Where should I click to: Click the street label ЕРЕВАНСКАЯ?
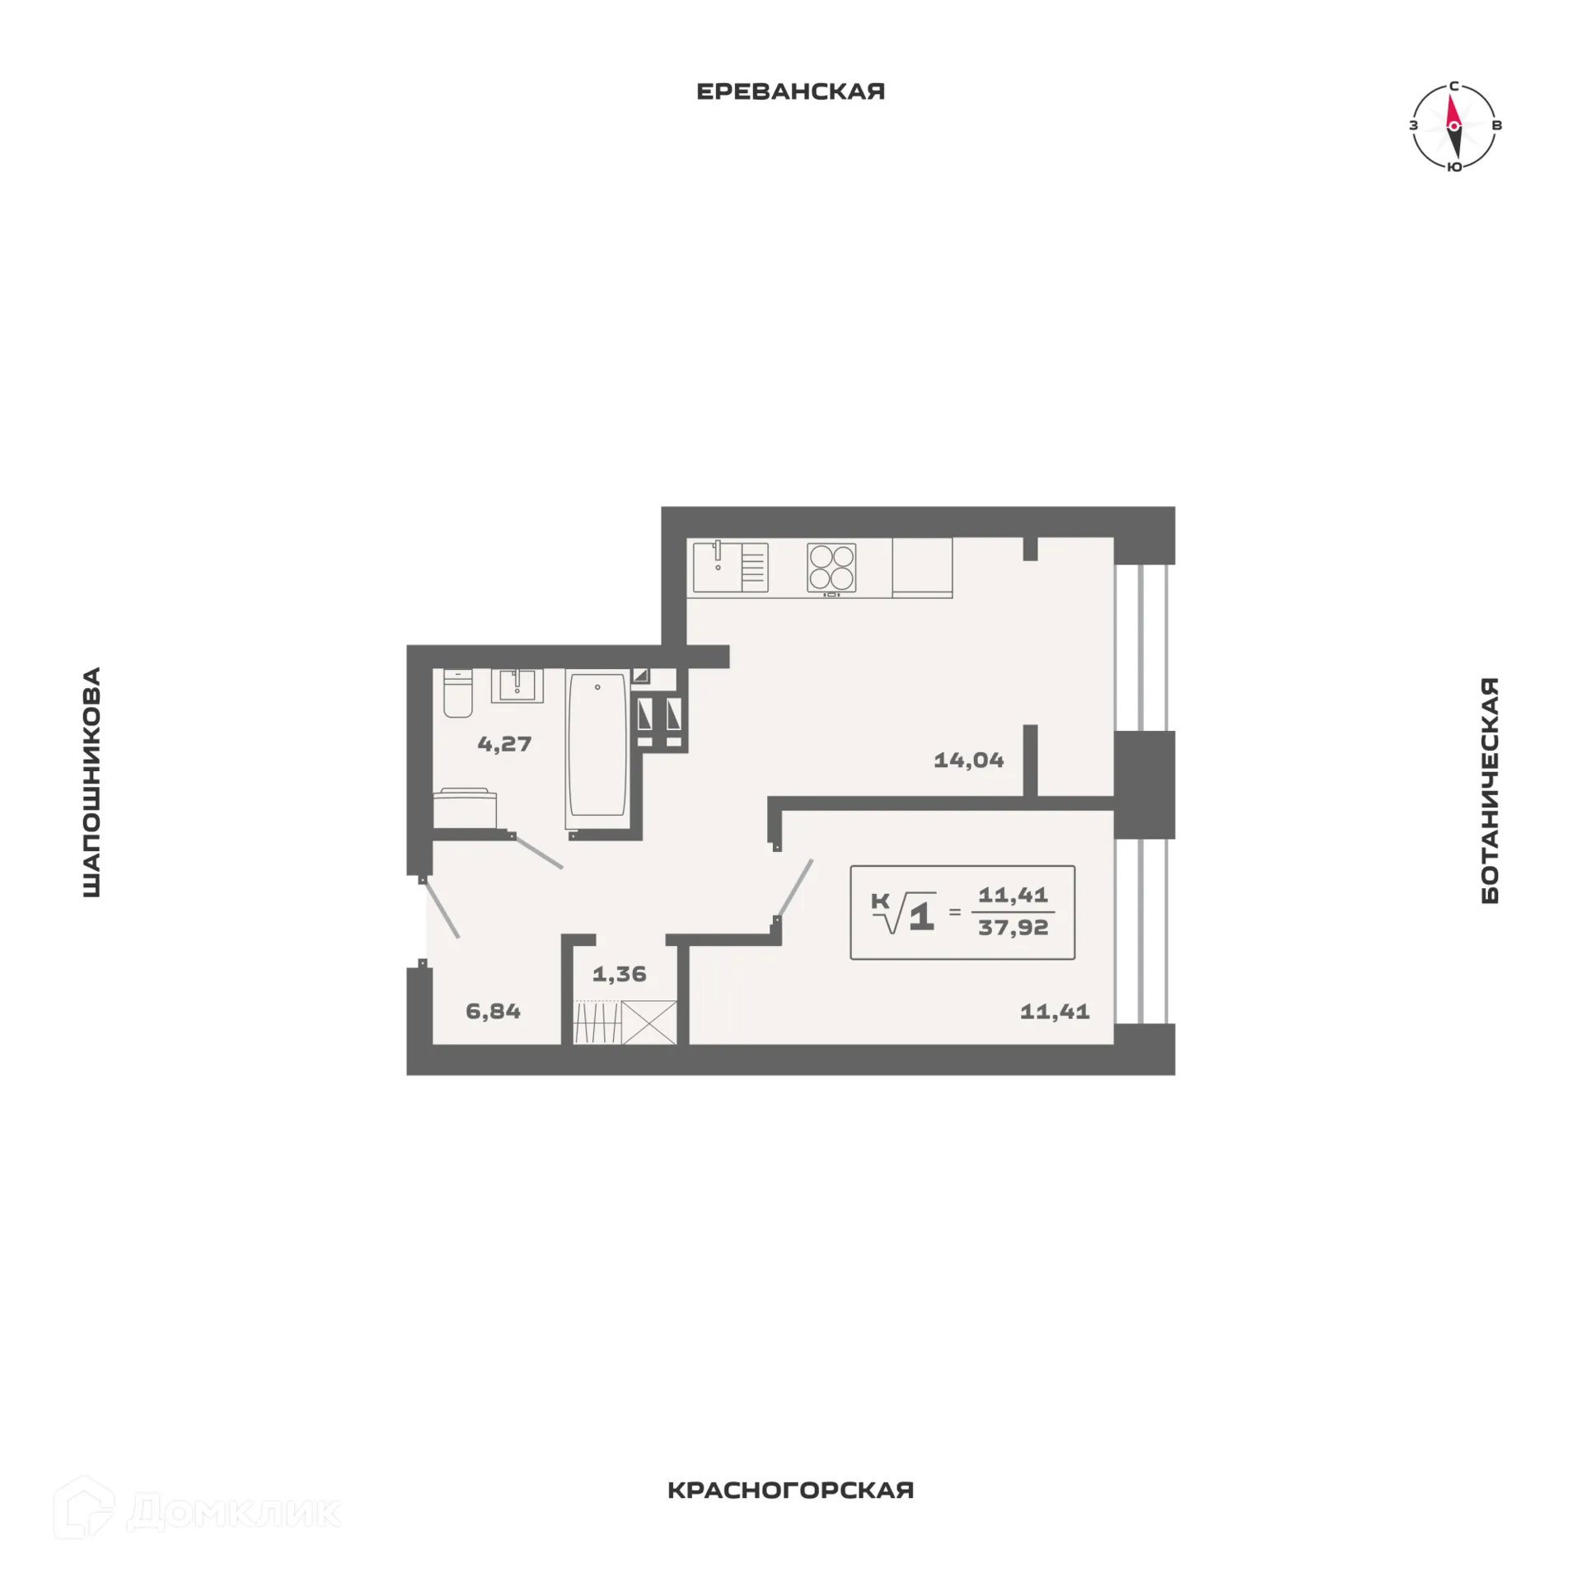click(790, 91)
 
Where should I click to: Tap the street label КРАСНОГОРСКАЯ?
click(790, 1513)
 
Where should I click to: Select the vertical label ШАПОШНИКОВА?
click(91, 782)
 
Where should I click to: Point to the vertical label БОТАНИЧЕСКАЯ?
click(1490, 790)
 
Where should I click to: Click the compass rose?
click(1453, 126)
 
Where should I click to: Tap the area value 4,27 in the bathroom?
click(504, 744)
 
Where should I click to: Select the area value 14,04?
click(968, 760)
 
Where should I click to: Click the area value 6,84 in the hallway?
click(493, 1011)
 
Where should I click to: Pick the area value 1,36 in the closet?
click(620, 974)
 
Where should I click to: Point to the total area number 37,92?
click(1013, 928)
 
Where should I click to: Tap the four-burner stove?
click(831, 568)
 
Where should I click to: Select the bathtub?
click(597, 746)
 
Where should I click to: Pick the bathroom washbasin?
click(517, 686)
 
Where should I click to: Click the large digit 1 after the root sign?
click(922, 916)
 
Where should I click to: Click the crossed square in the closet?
click(649, 1023)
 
